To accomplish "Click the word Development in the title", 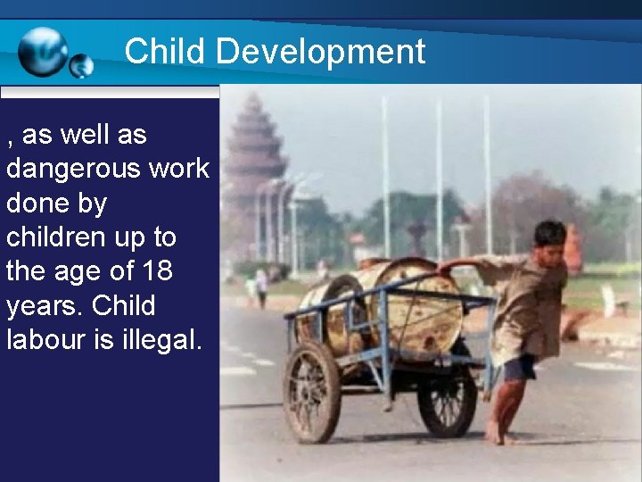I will coord(321,51).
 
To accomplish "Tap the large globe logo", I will coord(43,51).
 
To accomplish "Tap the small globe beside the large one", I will coord(81,65).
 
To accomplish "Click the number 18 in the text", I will coord(156,271).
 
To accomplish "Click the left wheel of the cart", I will coord(311,391).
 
